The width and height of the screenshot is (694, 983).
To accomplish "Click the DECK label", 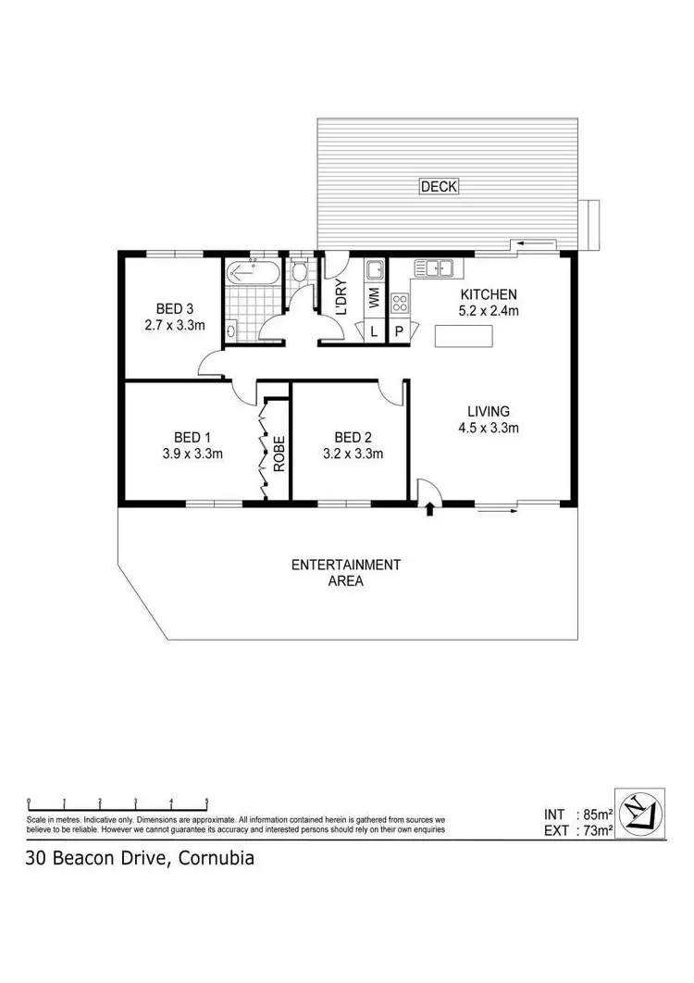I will (x=440, y=187).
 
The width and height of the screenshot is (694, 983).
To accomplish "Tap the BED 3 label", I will (x=174, y=308).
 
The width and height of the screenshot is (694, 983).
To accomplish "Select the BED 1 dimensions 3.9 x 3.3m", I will (x=192, y=454).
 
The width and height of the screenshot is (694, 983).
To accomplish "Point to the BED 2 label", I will (x=353, y=437).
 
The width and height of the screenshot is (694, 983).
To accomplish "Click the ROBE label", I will (x=278, y=453).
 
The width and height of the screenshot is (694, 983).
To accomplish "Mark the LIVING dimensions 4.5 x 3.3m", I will (x=489, y=428).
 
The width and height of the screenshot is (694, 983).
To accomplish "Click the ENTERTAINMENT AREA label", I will (x=346, y=573).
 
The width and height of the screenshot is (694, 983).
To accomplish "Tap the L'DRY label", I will (x=341, y=298).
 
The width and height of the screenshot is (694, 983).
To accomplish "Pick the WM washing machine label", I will (x=374, y=298).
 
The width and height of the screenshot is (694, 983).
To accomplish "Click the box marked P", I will (x=399, y=331).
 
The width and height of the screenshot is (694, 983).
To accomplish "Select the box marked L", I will (x=374, y=331).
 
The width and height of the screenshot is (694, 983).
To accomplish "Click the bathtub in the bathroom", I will (x=250, y=273).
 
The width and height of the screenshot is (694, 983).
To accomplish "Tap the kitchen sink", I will (x=433, y=269).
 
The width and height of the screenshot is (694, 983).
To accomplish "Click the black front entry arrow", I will (x=429, y=508).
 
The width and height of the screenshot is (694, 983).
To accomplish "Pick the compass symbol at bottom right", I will (x=640, y=814).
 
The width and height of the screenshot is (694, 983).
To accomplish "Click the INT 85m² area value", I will (x=593, y=815).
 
